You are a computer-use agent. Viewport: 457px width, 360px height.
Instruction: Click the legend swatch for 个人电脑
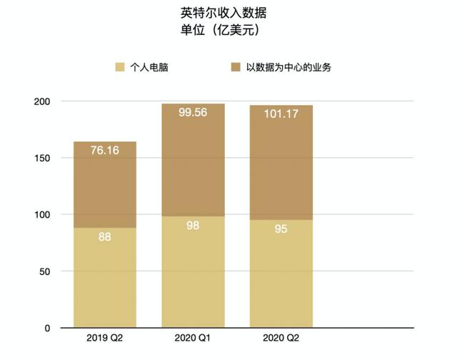pyautogui.click(x=119, y=68)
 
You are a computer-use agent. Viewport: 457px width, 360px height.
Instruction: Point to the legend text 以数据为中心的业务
pyautogui.click(x=286, y=68)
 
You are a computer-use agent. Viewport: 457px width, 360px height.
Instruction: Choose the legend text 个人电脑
pyautogui.click(x=150, y=68)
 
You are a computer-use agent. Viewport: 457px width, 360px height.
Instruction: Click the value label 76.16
pyautogui.click(x=105, y=151)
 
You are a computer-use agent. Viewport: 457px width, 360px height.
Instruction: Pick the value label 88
pyautogui.click(x=105, y=236)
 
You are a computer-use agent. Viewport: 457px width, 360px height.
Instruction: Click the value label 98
pyautogui.click(x=194, y=226)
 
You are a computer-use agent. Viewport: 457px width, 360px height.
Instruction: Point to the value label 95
pyautogui.click(x=281, y=229)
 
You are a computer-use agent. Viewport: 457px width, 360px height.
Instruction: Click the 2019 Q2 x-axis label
pyautogui.click(x=105, y=337)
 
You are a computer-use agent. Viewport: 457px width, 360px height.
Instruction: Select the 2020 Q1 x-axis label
pyautogui.click(x=194, y=337)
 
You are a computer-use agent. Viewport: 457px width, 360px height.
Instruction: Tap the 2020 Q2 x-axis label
pyautogui.click(x=281, y=337)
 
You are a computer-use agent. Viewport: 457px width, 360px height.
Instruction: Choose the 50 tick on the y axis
pyautogui.click(x=44, y=271)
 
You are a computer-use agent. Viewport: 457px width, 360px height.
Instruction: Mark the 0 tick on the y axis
pyautogui.click(x=46, y=328)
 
